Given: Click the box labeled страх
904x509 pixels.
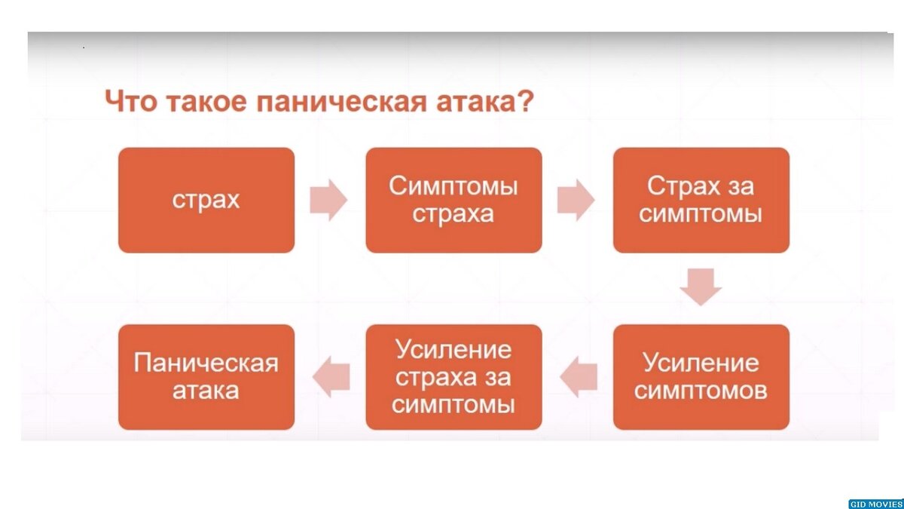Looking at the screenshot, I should pyautogui.click(x=206, y=200).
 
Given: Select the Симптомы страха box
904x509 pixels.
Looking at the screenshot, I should pyautogui.click(x=454, y=200).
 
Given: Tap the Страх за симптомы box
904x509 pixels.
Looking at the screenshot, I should pyautogui.click(x=701, y=200).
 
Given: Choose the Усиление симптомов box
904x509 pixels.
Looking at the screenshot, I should pyautogui.click(x=701, y=377).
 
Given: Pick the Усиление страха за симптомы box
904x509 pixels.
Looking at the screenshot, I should pyautogui.click(x=454, y=377).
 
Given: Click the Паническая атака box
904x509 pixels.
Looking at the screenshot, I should pyautogui.click(x=206, y=377).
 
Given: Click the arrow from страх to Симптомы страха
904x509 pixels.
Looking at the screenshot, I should pyautogui.click(x=328, y=200).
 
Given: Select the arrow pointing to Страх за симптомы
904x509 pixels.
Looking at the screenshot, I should pyautogui.click(x=576, y=200).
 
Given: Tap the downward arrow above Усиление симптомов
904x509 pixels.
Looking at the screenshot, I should pyautogui.click(x=701, y=287).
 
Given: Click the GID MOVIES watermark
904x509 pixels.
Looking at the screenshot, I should pyautogui.click(x=875, y=504).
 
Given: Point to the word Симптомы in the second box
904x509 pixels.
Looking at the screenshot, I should pyautogui.click(x=454, y=186).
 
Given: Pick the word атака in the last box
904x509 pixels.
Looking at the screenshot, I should pyautogui.click(x=206, y=391).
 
